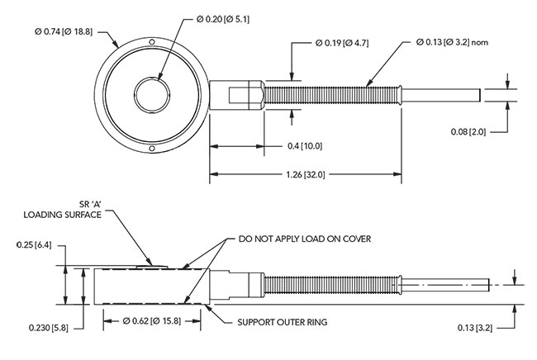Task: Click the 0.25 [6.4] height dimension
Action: click(33, 245)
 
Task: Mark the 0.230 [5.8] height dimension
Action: click(33, 329)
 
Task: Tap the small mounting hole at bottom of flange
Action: click(151, 149)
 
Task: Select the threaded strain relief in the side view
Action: click(330, 285)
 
